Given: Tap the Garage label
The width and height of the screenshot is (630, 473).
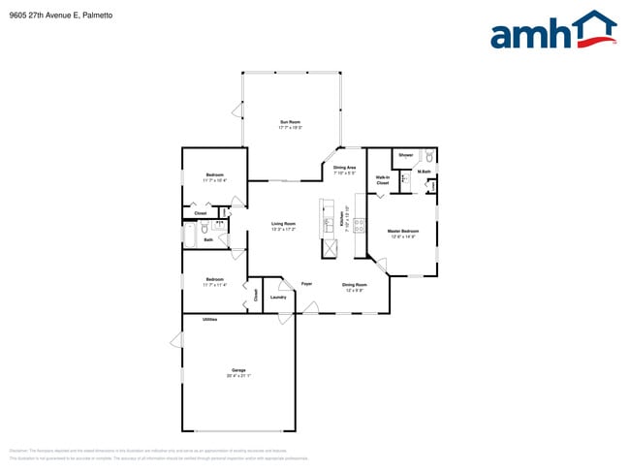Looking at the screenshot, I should [x=237, y=370].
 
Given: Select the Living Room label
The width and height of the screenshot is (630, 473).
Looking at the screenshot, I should [x=283, y=224].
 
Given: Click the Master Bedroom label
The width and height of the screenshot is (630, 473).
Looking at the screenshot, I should [x=402, y=231].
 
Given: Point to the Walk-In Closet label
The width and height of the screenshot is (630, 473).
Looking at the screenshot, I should [x=383, y=179].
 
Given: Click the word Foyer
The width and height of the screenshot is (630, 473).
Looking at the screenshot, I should [x=306, y=283].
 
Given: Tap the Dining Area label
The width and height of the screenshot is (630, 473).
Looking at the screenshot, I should [x=344, y=168].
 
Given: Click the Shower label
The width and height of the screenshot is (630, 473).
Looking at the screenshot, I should [x=405, y=155].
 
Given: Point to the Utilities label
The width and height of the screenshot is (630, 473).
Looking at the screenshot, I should [x=209, y=319].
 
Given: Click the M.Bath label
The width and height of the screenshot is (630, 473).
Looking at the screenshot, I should [x=425, y=172].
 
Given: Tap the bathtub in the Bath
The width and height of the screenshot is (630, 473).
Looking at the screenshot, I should [x=190, y=235].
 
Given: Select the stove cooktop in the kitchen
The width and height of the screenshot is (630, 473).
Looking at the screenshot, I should [x=359, y=225].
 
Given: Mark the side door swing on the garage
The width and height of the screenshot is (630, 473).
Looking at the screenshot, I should [x=176, y=341].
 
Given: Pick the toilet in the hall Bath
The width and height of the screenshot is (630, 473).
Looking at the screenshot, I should [x=205, y=228].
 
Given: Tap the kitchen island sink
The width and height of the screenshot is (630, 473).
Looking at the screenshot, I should [x=328, y=209].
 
